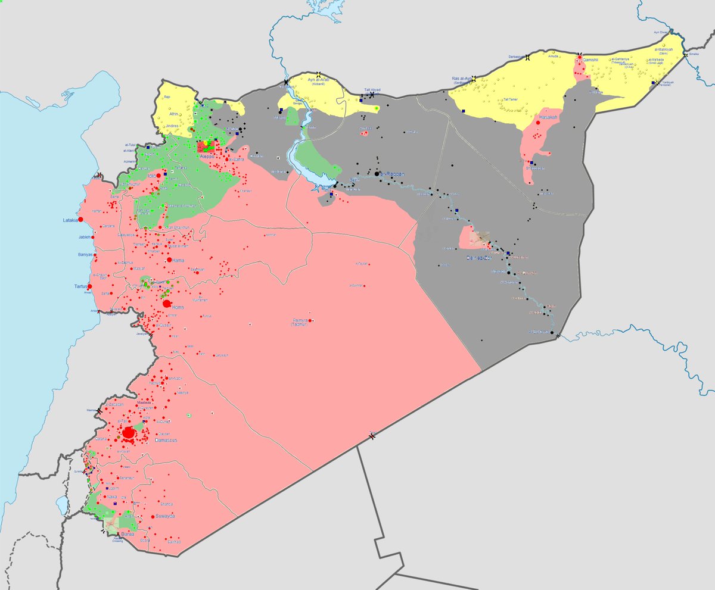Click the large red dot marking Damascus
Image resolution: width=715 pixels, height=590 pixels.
128,433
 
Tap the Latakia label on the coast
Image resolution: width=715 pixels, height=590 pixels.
71,220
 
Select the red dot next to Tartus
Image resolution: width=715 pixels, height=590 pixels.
90,286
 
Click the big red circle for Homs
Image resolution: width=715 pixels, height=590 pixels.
166,304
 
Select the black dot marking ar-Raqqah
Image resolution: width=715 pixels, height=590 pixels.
377,174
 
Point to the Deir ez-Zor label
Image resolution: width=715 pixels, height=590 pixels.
481,258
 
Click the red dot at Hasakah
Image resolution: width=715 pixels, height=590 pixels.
537,123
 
